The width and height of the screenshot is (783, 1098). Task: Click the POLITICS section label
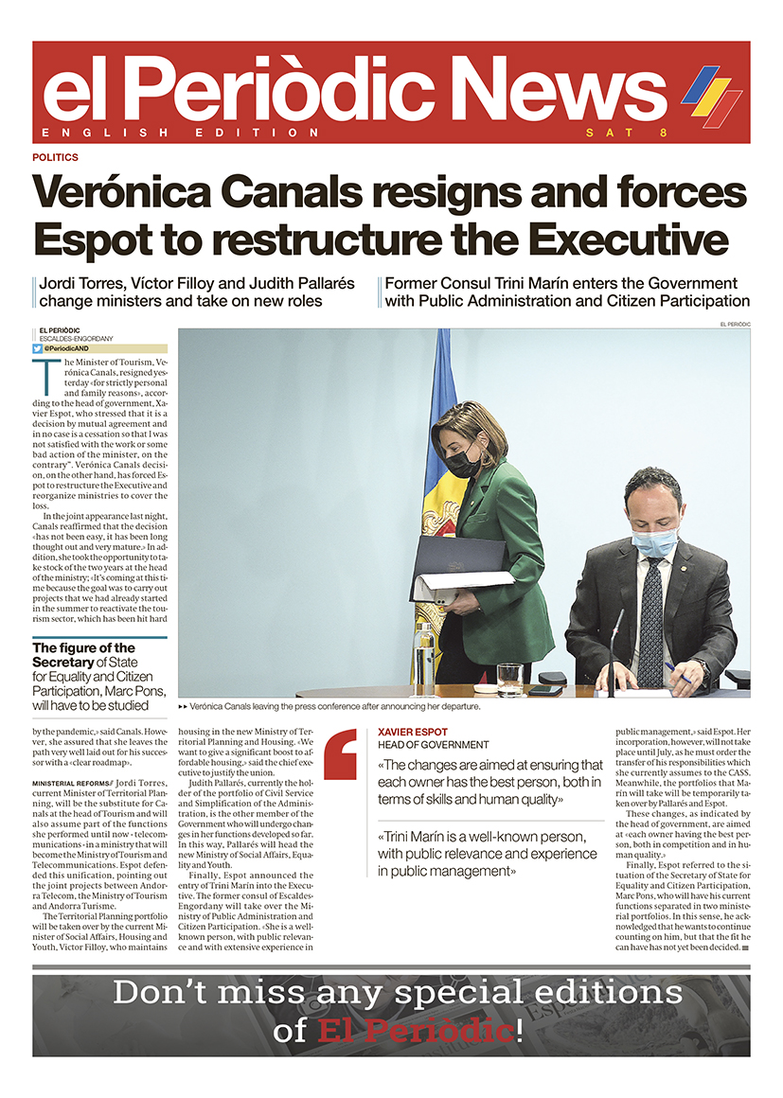coord(55,157)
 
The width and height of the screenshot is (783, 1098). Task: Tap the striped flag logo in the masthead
coord(711,95)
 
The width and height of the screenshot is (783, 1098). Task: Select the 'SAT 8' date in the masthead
coord(626,133)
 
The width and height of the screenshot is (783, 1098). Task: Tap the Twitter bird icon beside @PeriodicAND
coord(38,348)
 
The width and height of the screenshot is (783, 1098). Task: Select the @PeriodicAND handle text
coord(67,348)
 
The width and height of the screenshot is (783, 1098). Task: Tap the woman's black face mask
coord(464,464)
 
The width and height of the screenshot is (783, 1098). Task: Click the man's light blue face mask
coord(654,543)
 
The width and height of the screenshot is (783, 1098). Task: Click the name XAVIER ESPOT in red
coord(413,732)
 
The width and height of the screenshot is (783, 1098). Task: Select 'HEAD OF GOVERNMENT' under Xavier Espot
coord(433,745)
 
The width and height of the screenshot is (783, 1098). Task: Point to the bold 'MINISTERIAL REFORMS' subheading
coord(73,785)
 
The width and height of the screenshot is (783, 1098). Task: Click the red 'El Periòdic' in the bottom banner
coord(416,1031)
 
